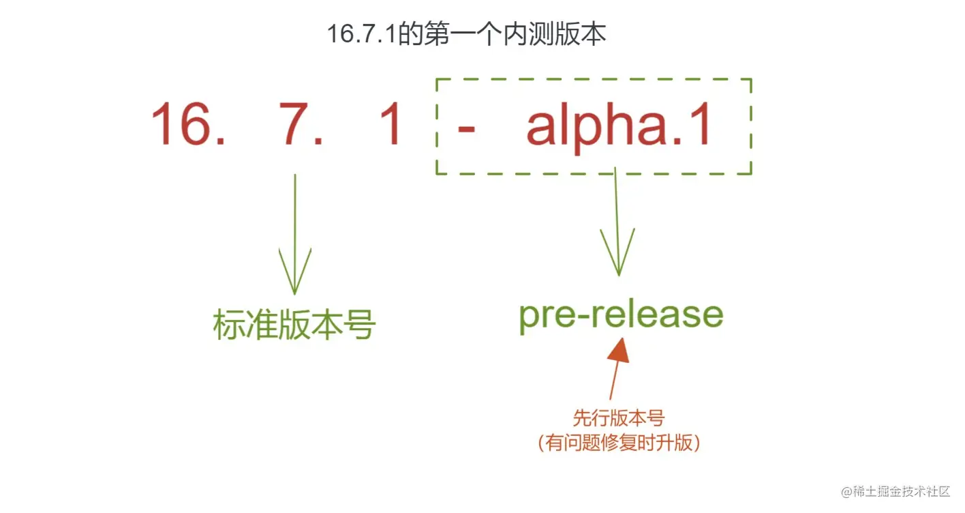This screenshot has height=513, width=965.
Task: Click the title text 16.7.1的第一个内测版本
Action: click(466, 35)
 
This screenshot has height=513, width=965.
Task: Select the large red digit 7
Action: click(296, 124)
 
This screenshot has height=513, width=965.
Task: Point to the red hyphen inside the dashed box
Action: click(466, 128)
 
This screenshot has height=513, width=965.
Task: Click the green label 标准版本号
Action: click(294, 325)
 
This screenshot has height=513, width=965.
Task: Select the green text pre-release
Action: click(620, 315)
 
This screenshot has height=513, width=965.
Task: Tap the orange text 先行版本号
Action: click(618, 418)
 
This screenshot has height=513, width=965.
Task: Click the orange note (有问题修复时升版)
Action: click(618, 443)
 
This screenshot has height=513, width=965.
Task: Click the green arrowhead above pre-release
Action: click(618, 256)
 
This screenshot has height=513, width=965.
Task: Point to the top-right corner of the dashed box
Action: click(751, 79)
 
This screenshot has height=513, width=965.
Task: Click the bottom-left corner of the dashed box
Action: click(436, 173)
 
